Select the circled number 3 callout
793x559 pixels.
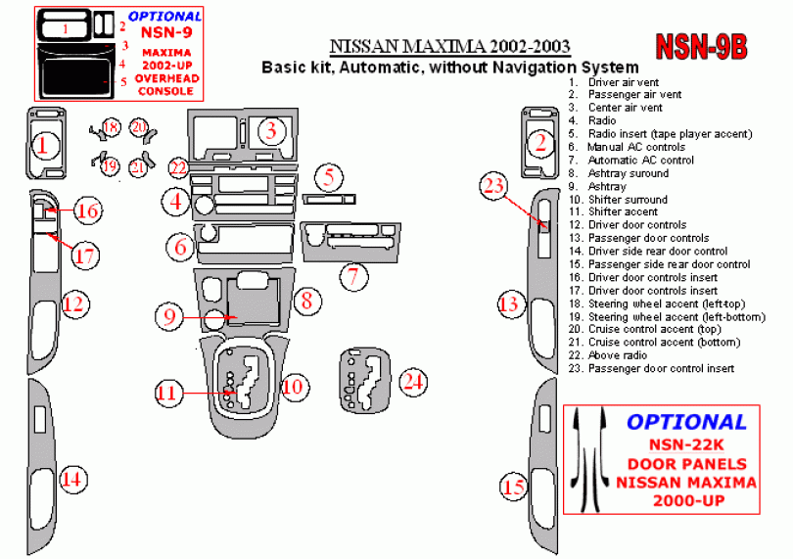273,129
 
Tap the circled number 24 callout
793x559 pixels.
414,382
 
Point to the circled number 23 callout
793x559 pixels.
494,186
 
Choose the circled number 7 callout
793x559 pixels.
352,276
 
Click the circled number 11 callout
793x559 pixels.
168,393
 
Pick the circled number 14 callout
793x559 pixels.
70,480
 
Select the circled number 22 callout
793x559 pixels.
177,167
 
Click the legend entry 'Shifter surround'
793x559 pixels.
628,200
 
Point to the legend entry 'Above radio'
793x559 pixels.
616,355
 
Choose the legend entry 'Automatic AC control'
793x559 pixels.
641,161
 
